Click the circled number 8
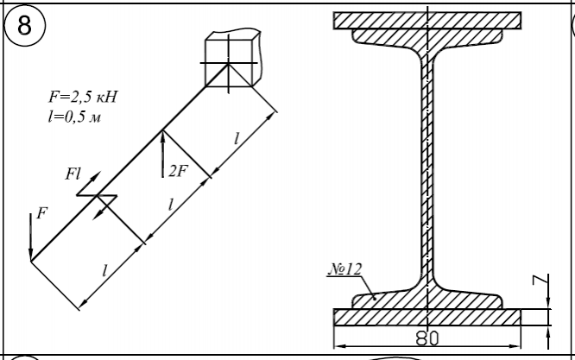(x=26, y=26)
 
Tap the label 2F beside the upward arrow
(x=177, y=171)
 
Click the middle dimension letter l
(x=171, y=205)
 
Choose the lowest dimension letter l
(x=105, y=269)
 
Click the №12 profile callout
(x=344, y=269)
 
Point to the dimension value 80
(x=427, y=336)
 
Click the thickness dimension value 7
(x=536, y=281)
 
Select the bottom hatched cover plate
(x=427, y=316)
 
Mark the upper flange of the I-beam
(x=427, y=38)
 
